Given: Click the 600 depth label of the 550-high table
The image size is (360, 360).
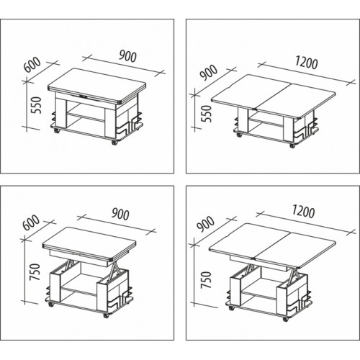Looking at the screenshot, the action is click(x=32, y=64).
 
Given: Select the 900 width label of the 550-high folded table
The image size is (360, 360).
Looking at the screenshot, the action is click(x=127, y=57).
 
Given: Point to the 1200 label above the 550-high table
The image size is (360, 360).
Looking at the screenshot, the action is click(x=306, y=63).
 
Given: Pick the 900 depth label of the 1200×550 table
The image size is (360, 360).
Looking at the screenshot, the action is click(x=209, y=73).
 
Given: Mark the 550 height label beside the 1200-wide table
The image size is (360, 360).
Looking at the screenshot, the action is click(x=207, y=114).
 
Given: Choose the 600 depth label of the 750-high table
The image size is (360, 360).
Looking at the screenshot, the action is click(x=31, y=222).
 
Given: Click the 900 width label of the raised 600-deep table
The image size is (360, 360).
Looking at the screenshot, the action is click(x=120, y=214).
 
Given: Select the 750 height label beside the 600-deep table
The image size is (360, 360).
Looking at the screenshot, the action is click(x=34, y=272).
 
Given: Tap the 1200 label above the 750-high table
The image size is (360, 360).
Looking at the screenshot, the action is click(x=303, y=212).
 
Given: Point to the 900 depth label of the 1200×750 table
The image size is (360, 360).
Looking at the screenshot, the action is click(x=205, y=224).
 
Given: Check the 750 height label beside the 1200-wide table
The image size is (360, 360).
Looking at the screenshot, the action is click(x=207, y=280).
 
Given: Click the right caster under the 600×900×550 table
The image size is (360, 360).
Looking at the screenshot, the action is click(x=114, y=143).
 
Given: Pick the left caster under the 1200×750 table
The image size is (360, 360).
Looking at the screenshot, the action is click(x=232, y=307).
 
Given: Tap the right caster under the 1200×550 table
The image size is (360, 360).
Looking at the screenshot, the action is click(x=292, y=145).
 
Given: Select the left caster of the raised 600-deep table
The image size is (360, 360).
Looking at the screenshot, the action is click(x=51, y=305).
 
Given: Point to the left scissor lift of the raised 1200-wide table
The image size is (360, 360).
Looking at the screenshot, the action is click(x=250, y=270).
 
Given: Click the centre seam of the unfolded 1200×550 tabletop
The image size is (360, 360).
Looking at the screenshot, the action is click(x=273, y=97).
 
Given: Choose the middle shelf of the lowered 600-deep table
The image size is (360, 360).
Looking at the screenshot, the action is click(x=86, y=116).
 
